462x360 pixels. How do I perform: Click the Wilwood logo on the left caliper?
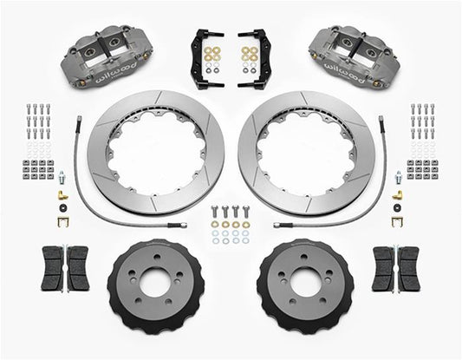(x=115, y=72)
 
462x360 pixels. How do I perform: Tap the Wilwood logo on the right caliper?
(x=345, y=72)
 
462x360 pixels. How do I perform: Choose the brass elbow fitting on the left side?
(x=63, y=195)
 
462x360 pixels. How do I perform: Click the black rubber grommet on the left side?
(x=63, y=207)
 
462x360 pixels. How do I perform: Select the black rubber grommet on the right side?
(x=398, y=207)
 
